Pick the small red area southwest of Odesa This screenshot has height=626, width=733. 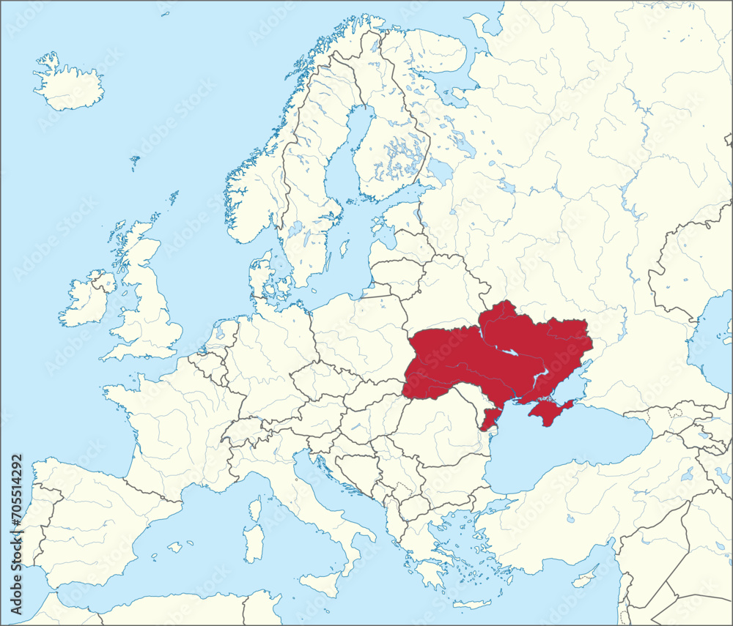tap(489, 420)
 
